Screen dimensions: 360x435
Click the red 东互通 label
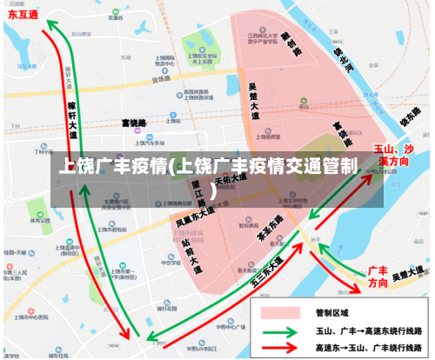pyautogui.click(x=23, y=15)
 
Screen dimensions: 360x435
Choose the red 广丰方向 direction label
pyautogui.click(x=378, y=277)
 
